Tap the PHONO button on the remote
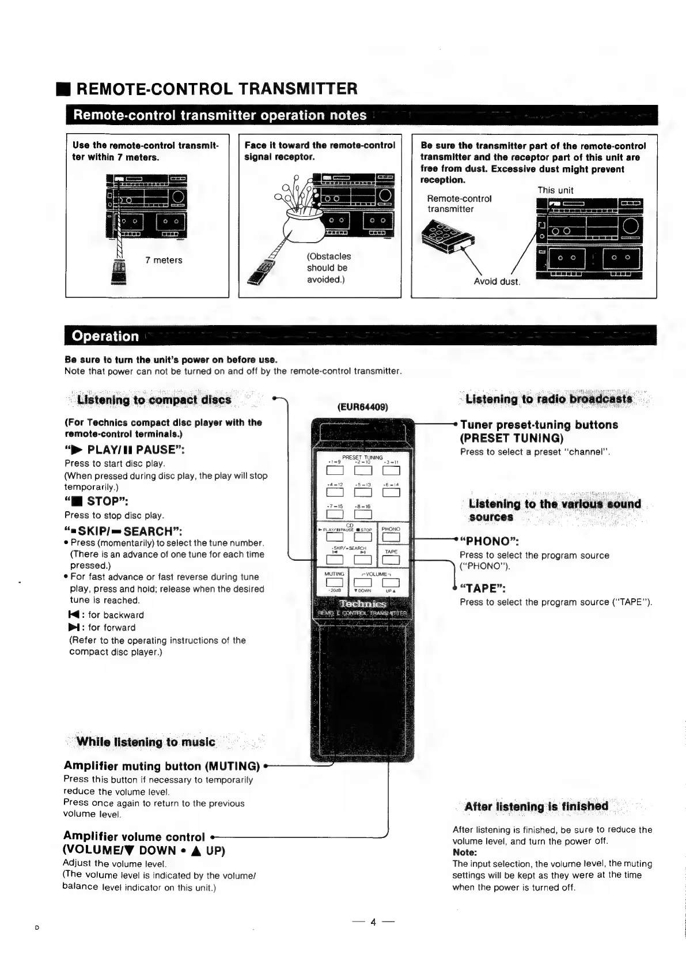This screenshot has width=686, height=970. [x=391, y=538]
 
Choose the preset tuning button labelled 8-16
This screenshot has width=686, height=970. [x=363, y=514]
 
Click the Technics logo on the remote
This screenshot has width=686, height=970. [x=362, y=603]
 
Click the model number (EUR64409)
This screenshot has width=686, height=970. [x=362, y=406]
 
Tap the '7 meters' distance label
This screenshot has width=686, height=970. [x=164, y=260]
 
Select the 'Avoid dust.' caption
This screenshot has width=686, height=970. [x=497, y=281]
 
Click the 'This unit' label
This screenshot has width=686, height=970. [x=555, y=190]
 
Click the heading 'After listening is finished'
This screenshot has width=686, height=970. [x=536, y=806]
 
